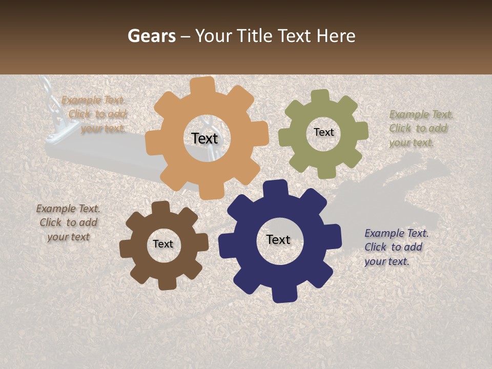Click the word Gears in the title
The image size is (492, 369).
(151, 36)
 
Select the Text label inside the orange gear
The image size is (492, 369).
(204, 138)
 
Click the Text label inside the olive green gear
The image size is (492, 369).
(323, 132)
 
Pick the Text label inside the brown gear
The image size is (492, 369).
(163, 244)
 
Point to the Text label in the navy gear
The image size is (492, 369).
(278, 239)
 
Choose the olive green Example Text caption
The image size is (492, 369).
(420, 128)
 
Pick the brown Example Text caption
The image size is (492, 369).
(68, 222)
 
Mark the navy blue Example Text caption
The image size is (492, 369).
(395, 247)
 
